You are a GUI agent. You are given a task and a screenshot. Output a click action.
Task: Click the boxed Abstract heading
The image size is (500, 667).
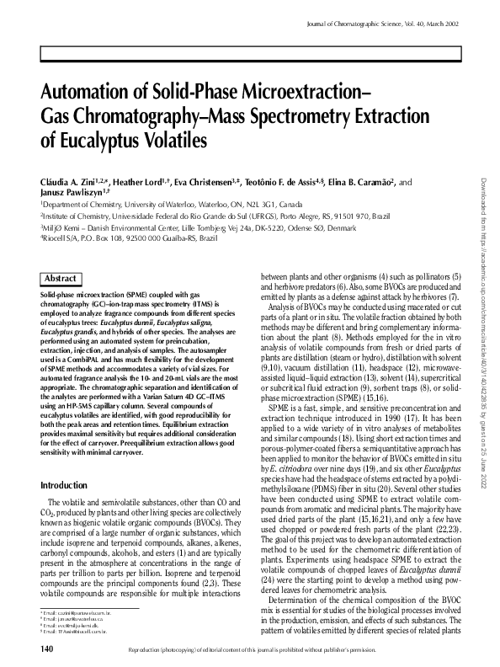61,278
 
